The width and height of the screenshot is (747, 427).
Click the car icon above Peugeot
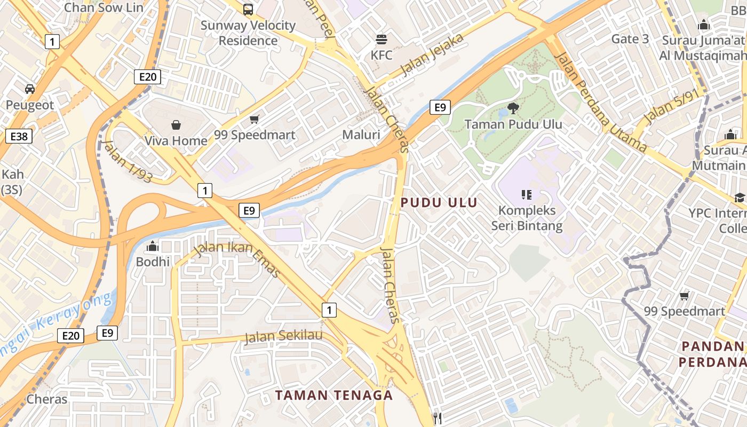(x=30, y=89)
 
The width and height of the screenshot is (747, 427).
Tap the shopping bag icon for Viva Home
(x=176, y=125)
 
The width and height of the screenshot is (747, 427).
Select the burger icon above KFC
(x=382, y=39)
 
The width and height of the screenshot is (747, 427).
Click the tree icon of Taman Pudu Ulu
(x=513, y=109)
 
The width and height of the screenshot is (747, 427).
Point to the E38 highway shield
(x=19, y=136)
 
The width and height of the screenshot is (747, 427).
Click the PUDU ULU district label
(x=439, y=202)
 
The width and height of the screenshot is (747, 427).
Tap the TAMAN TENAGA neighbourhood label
(x=334, y=395)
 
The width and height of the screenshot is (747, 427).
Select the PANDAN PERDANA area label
(x=713, y=354)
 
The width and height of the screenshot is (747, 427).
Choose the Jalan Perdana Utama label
(x=600, y=101)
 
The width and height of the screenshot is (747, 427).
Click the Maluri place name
(x=361, y=135)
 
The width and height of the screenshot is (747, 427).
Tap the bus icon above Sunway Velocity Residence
(x=248, y=9)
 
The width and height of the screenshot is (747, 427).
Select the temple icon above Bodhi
(x=153, y=247)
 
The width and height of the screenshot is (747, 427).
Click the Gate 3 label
(x=630, y=38)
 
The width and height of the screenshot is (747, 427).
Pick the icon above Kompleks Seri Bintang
(x=527, y=195)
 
